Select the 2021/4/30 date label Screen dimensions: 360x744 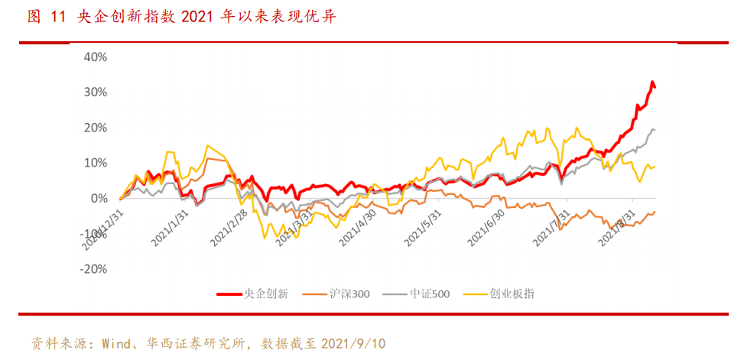(358, 228)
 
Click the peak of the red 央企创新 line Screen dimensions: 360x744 (652, 82)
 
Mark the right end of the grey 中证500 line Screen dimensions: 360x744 (655, 130)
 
